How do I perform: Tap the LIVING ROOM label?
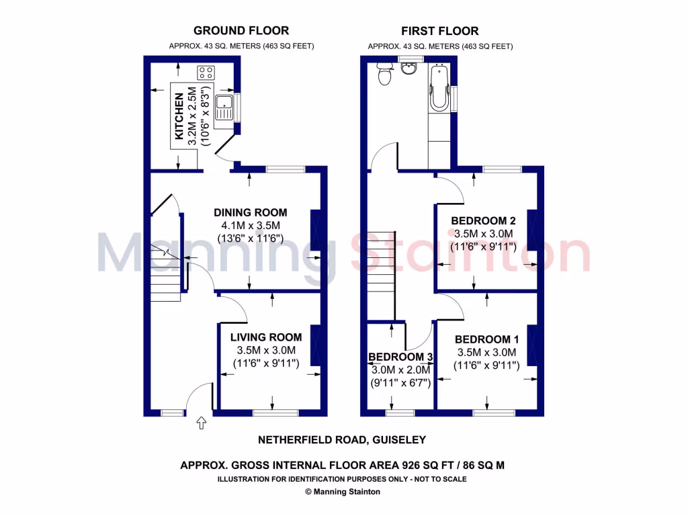[266, 337]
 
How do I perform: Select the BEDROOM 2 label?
[483, 220]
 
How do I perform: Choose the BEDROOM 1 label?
[486, 339]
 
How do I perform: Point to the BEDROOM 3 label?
[400, 357]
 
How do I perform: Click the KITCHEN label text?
[179, 118]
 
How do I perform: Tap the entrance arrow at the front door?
[201, 423]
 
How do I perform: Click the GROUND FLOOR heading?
[241, 30]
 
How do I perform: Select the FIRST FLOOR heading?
[440, 31]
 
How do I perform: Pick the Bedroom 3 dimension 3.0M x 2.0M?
[400, 370]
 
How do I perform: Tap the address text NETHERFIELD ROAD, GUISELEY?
[342, 440]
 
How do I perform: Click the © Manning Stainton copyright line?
[343, 492]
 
